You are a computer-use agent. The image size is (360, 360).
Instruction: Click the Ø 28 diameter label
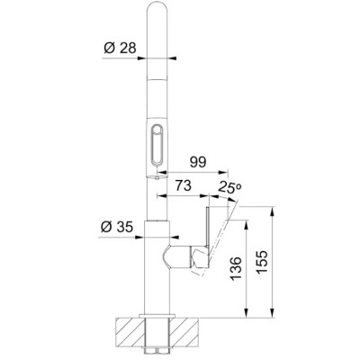(120, 48)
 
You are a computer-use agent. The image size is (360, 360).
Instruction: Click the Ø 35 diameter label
(117, 227)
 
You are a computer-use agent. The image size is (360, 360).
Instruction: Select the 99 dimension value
(198, 162)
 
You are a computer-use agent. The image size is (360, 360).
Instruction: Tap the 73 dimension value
(183, 185)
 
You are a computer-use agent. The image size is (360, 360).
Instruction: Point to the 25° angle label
(229, 187)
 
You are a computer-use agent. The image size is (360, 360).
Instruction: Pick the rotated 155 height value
(262, 262)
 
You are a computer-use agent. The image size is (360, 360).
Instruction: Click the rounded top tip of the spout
(157, 3)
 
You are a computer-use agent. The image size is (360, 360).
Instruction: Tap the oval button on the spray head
(157, 145)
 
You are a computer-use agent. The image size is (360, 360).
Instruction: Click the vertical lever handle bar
(208, 227)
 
